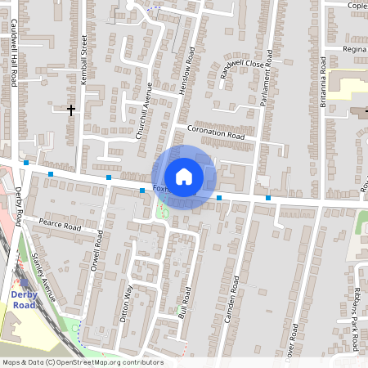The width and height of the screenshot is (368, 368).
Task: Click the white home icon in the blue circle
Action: coord(184,177)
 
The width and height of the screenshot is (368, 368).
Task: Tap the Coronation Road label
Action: coord(216,131)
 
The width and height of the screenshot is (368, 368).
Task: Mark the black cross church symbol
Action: coord(71,109)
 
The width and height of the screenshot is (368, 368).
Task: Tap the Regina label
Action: coord(354,49)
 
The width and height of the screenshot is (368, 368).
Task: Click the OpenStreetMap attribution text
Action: coord(82,362)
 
